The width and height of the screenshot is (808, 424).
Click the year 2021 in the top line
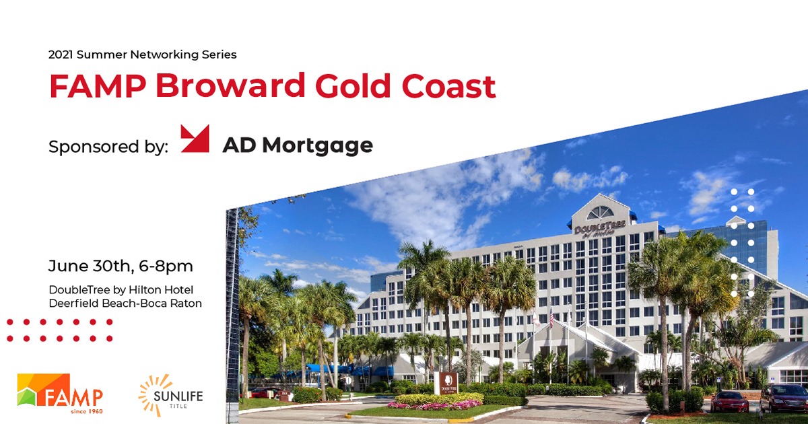61,55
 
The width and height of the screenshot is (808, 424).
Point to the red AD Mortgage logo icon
195,139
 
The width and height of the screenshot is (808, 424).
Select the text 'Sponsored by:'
108,147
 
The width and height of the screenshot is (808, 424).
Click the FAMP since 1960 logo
61,394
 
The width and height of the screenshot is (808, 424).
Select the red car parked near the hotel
729,401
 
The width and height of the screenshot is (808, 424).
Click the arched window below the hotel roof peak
600,213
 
